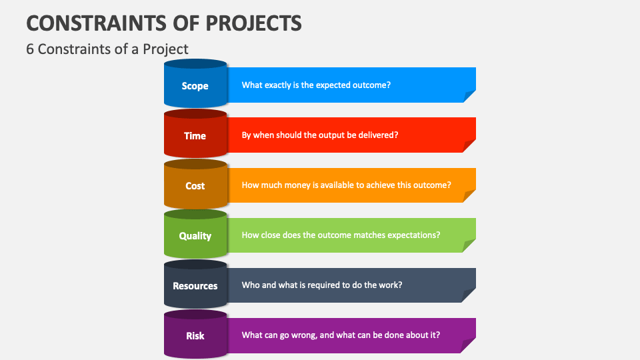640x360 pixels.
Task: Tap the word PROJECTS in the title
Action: (x=253, y=23)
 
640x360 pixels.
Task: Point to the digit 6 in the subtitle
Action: (x=30, y=49)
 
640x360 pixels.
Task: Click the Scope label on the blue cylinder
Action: (x=195, y=86)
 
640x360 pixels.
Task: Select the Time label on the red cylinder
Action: (x=195, y=136)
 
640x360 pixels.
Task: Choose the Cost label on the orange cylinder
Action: (x=195, y=186)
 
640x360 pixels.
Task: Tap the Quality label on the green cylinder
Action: (x=195, y=236)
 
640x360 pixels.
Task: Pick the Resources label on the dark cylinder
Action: (x=195, y=286)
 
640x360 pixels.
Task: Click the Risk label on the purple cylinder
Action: (x=195, y=336)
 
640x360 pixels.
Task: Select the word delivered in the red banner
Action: (x=378, y=135)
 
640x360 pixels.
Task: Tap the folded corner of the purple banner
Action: (x=468, y=346)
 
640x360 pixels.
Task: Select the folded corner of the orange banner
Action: (x=469, y=196)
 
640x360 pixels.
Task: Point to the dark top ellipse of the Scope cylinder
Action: (x=195, y=64)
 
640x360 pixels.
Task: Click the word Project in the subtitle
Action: (x=165, y=49)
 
